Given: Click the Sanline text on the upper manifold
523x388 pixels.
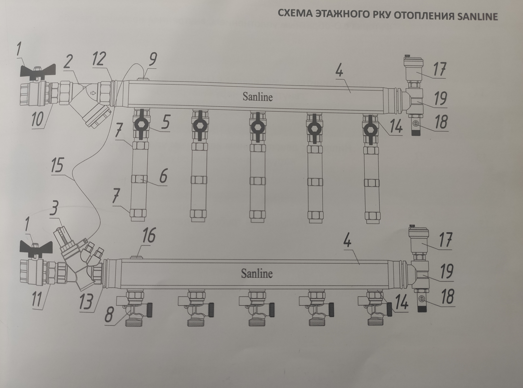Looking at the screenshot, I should [257, 97].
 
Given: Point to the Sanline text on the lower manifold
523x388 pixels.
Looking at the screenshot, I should [257, 273].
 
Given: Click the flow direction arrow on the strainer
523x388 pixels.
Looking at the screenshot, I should [93, 93].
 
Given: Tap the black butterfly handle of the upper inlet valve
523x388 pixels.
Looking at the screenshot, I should [38, 70].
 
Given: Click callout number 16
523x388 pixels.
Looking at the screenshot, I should [149, 236].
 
